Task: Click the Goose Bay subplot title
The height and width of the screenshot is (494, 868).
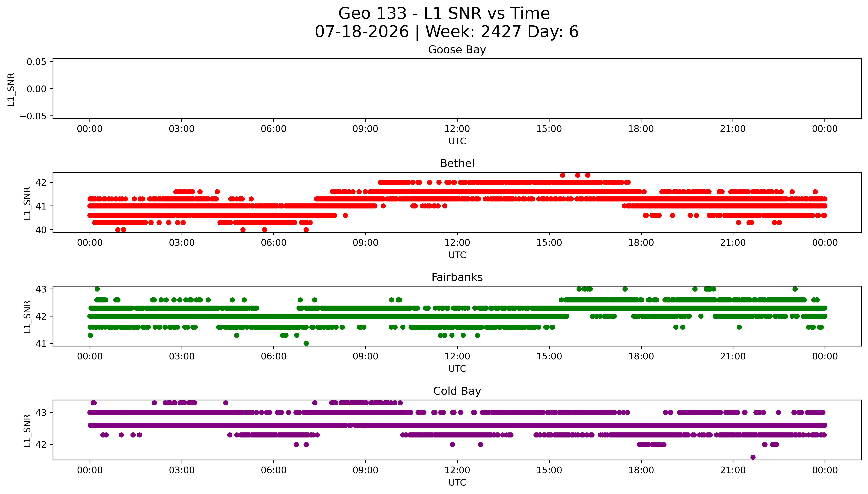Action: [x=457, y=50]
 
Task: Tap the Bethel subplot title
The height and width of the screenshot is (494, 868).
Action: [x=457, y=164]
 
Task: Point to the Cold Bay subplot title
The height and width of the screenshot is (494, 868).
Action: [x=457, y=391]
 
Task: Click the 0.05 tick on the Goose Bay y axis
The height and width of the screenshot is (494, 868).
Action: [x=37, y=62]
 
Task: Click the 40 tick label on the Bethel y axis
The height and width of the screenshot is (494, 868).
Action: [x=41, y=230]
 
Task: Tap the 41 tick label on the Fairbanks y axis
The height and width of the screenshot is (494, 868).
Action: [x=41, y=344]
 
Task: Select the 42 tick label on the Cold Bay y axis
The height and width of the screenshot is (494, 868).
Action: [x=41, y=444]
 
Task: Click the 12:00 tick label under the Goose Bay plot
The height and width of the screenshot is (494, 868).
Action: [x=457, y=129]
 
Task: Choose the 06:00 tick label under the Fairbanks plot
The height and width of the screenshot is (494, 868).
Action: [x=274, y=357]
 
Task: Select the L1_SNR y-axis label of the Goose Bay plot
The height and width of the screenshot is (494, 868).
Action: [x=11, y=89]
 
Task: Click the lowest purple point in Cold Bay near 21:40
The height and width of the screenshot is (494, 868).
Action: [x=753, y=457]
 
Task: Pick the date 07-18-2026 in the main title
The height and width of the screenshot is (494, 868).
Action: [x=362, y=32]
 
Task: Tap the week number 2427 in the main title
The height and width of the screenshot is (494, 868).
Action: [x=501, y=32]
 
